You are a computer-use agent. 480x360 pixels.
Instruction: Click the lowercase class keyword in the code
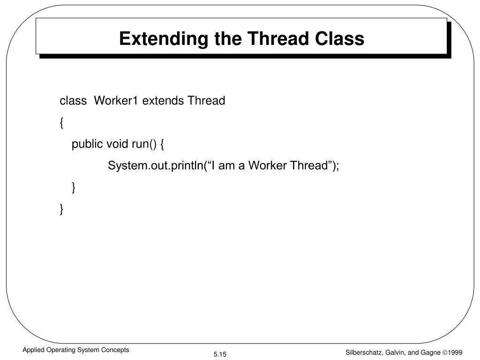(73, 101)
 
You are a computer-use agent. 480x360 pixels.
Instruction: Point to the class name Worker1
(116, 101)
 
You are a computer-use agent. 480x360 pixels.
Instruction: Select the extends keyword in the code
(163, 101)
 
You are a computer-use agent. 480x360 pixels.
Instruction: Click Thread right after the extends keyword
(206, 101)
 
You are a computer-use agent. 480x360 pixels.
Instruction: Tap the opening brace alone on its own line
(62, 123)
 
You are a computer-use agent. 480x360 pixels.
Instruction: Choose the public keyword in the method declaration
(87, 144)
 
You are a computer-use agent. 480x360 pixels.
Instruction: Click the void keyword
(118, 144)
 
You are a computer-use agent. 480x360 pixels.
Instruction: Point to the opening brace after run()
(162, 145)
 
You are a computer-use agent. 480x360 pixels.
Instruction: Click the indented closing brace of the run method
(74, 187)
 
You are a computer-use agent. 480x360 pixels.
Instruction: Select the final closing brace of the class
(62, 210)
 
